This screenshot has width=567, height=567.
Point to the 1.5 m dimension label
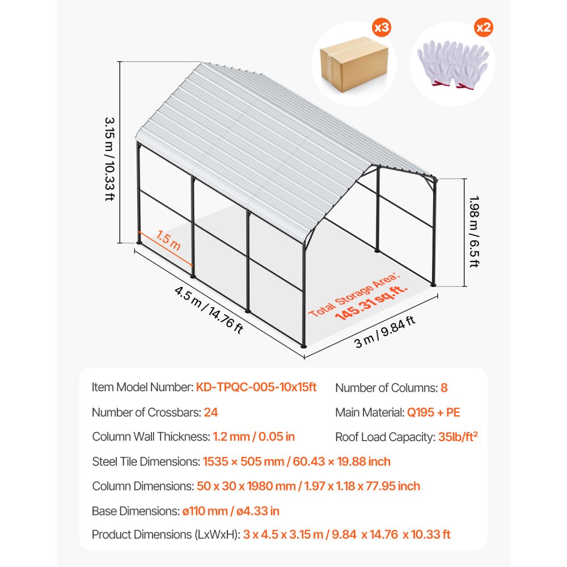pyautogui.click(x=168, y=242)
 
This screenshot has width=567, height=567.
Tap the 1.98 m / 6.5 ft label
pyautogui.click(x=475, y=231)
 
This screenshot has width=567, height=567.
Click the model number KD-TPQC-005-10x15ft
pyautogui.click(x=256, y=387)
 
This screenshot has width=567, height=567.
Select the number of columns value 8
pyautogui.click(x=444, y=388)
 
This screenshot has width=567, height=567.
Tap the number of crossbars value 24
pyautogui.click(x=210, y=412)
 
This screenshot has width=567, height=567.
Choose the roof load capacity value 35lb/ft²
pyautogui.click(x=462, y=437)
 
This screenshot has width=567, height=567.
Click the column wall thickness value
pyautogui.click(x=253, y=437)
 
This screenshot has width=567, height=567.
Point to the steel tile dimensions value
pyautogui.click(x=297, y=462)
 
